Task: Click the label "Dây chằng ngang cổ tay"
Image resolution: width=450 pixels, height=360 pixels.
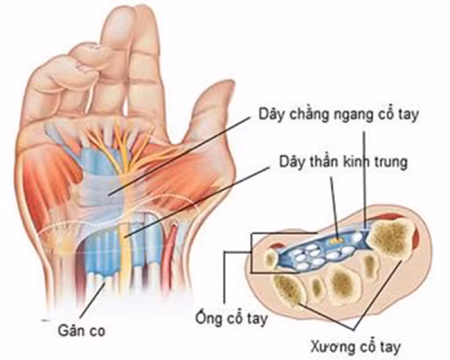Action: click(339, 114)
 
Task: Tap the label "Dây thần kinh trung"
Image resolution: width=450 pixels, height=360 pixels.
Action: click(343, 161)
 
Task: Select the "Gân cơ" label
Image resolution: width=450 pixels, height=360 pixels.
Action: click(82, 330)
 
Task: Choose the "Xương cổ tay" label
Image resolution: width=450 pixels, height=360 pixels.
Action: click(355, 346)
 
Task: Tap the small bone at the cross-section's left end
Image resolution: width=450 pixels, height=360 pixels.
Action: click(271, 258)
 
